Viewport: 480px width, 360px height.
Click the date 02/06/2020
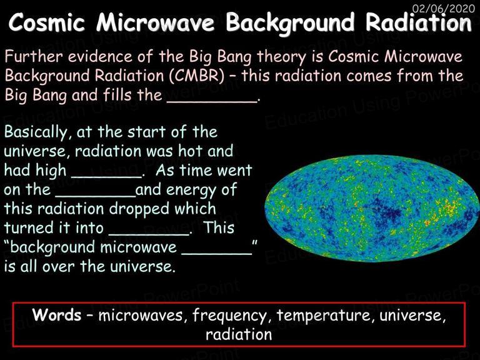coord(444,8)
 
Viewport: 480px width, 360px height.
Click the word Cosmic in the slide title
coord(46,22)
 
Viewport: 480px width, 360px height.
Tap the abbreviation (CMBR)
coord(197,76)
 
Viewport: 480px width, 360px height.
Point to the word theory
coord(281,57)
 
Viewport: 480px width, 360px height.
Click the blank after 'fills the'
coord(212,102)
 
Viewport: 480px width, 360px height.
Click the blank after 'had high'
coord(106,177)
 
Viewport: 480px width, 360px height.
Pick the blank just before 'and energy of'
coord(95,196)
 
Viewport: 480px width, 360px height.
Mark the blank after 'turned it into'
coord(149,234)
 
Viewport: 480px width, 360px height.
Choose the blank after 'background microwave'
coord(216,254)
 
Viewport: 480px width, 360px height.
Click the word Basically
coord(36,132)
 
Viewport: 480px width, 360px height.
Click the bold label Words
coord(57,314)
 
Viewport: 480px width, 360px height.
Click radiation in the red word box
coord(239,334)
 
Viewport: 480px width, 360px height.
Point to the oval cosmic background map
coord(371,209)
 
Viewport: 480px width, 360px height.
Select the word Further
coord(34,57)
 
